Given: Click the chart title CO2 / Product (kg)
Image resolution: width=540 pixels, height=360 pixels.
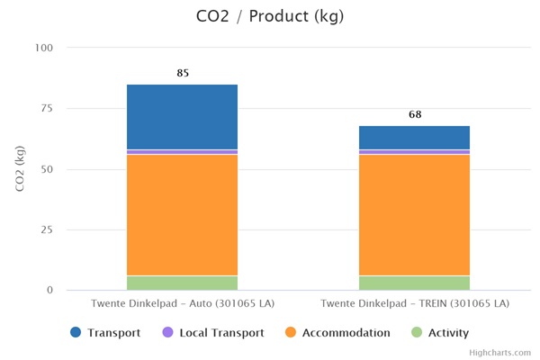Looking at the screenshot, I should pos(269,16).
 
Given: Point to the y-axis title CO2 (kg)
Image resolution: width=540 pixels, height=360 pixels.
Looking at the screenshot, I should pos(20,169).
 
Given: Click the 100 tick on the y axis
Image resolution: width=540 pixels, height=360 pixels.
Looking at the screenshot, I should pos(44,48).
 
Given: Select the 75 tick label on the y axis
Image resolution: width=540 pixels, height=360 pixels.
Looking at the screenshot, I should pos(47,109).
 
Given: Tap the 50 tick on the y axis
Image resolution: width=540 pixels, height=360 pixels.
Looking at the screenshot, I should pos(47,169).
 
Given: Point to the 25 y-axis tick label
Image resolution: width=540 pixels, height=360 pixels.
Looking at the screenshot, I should pos(47,230).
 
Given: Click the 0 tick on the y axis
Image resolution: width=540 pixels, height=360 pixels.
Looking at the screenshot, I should pos(50,291).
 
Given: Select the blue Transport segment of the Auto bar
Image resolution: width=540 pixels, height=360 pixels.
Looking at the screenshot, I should pos(182,117).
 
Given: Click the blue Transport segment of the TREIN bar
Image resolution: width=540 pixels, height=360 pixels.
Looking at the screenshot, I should pos(414,138).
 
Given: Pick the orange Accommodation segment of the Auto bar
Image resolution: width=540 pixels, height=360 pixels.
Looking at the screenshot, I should pos(182,214).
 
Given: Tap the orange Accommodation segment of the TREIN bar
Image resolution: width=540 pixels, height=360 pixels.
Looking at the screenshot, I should pos(414,214).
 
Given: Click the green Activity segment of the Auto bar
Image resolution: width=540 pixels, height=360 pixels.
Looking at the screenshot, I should pos(182,283).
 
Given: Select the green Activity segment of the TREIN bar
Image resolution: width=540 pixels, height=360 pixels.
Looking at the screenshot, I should pos(414,283).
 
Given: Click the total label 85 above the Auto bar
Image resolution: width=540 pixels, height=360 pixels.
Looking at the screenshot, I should pos(183,73).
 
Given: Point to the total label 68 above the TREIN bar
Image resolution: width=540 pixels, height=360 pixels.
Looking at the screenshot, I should pos(415,114).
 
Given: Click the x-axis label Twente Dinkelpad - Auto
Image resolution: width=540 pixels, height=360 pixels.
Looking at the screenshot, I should pos(182,303).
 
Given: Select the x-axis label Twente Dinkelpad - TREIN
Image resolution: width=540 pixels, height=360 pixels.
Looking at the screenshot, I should pos(415,303).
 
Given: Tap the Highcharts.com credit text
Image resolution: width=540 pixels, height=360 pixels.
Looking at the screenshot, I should pos(499,354).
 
